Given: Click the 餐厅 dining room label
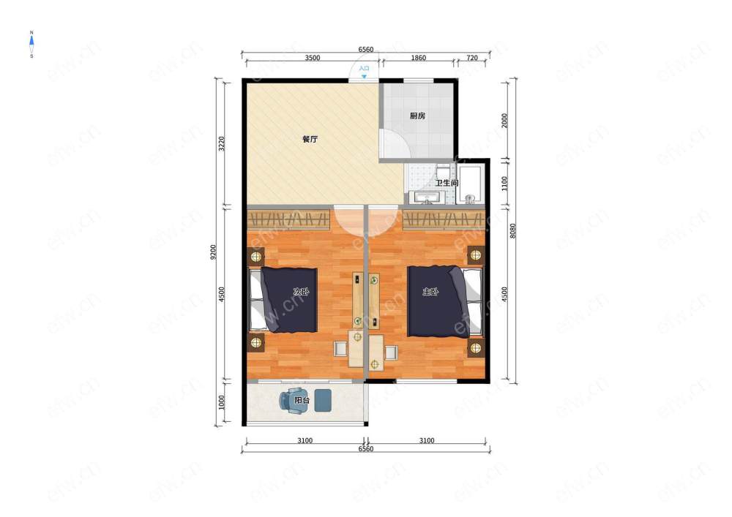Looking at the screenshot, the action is pos(310,139).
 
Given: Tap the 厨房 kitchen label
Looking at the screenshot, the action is pos(417,116).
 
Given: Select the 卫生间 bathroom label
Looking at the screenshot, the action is pos(447,183).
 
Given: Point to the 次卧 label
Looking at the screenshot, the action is pos(301,292).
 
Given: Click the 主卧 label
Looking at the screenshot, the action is pos(430,292).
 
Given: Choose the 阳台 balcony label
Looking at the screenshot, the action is pos(302,401).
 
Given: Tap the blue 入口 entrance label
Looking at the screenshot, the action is pos(364,69).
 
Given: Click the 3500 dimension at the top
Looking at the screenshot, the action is pos(313,58).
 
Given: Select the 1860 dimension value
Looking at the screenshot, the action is pos(418,58).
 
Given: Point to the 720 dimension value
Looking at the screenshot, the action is pos(472,58).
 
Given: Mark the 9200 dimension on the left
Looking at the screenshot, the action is pos(213,252).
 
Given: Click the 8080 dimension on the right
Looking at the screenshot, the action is pos(512,231).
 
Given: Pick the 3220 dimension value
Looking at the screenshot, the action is pos(222,143).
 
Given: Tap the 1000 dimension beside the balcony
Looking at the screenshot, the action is pos(222,402).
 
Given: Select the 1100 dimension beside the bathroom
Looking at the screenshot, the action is pos(504,184).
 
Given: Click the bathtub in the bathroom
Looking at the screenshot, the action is pos(471,184).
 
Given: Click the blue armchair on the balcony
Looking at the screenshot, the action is pos(293,401).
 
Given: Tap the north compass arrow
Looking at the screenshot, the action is pos(31,42).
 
